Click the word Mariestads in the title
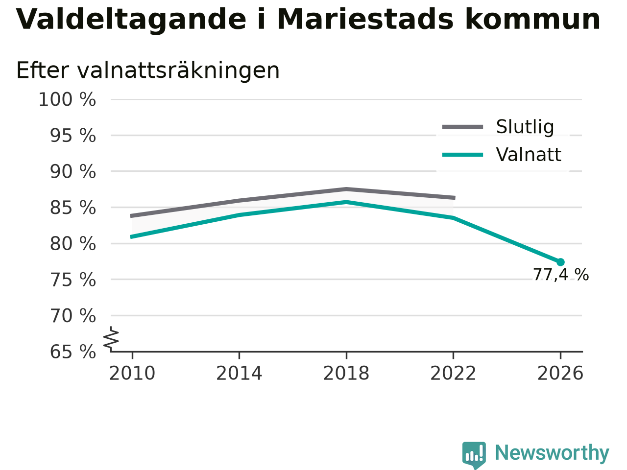pos(365,20)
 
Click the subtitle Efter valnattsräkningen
pos(147,70)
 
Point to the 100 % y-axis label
pos(67,100)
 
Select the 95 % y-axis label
pos(73,136)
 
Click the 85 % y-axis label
pos(73,208)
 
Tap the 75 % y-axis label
pos(73,280)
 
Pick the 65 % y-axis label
pos(73,352)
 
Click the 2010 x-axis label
pos(132,373)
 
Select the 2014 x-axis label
pos(239,373)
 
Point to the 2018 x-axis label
pos(346,373)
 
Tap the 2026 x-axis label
pos(560,373)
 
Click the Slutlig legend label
pos(525,127)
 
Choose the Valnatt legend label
pos(529,155)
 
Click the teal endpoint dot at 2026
pos(560,262)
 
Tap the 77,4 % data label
pos(561,275)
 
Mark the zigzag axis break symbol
pos(111,339)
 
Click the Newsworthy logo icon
pos(474,455)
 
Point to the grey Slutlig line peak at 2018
pos(346,189)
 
